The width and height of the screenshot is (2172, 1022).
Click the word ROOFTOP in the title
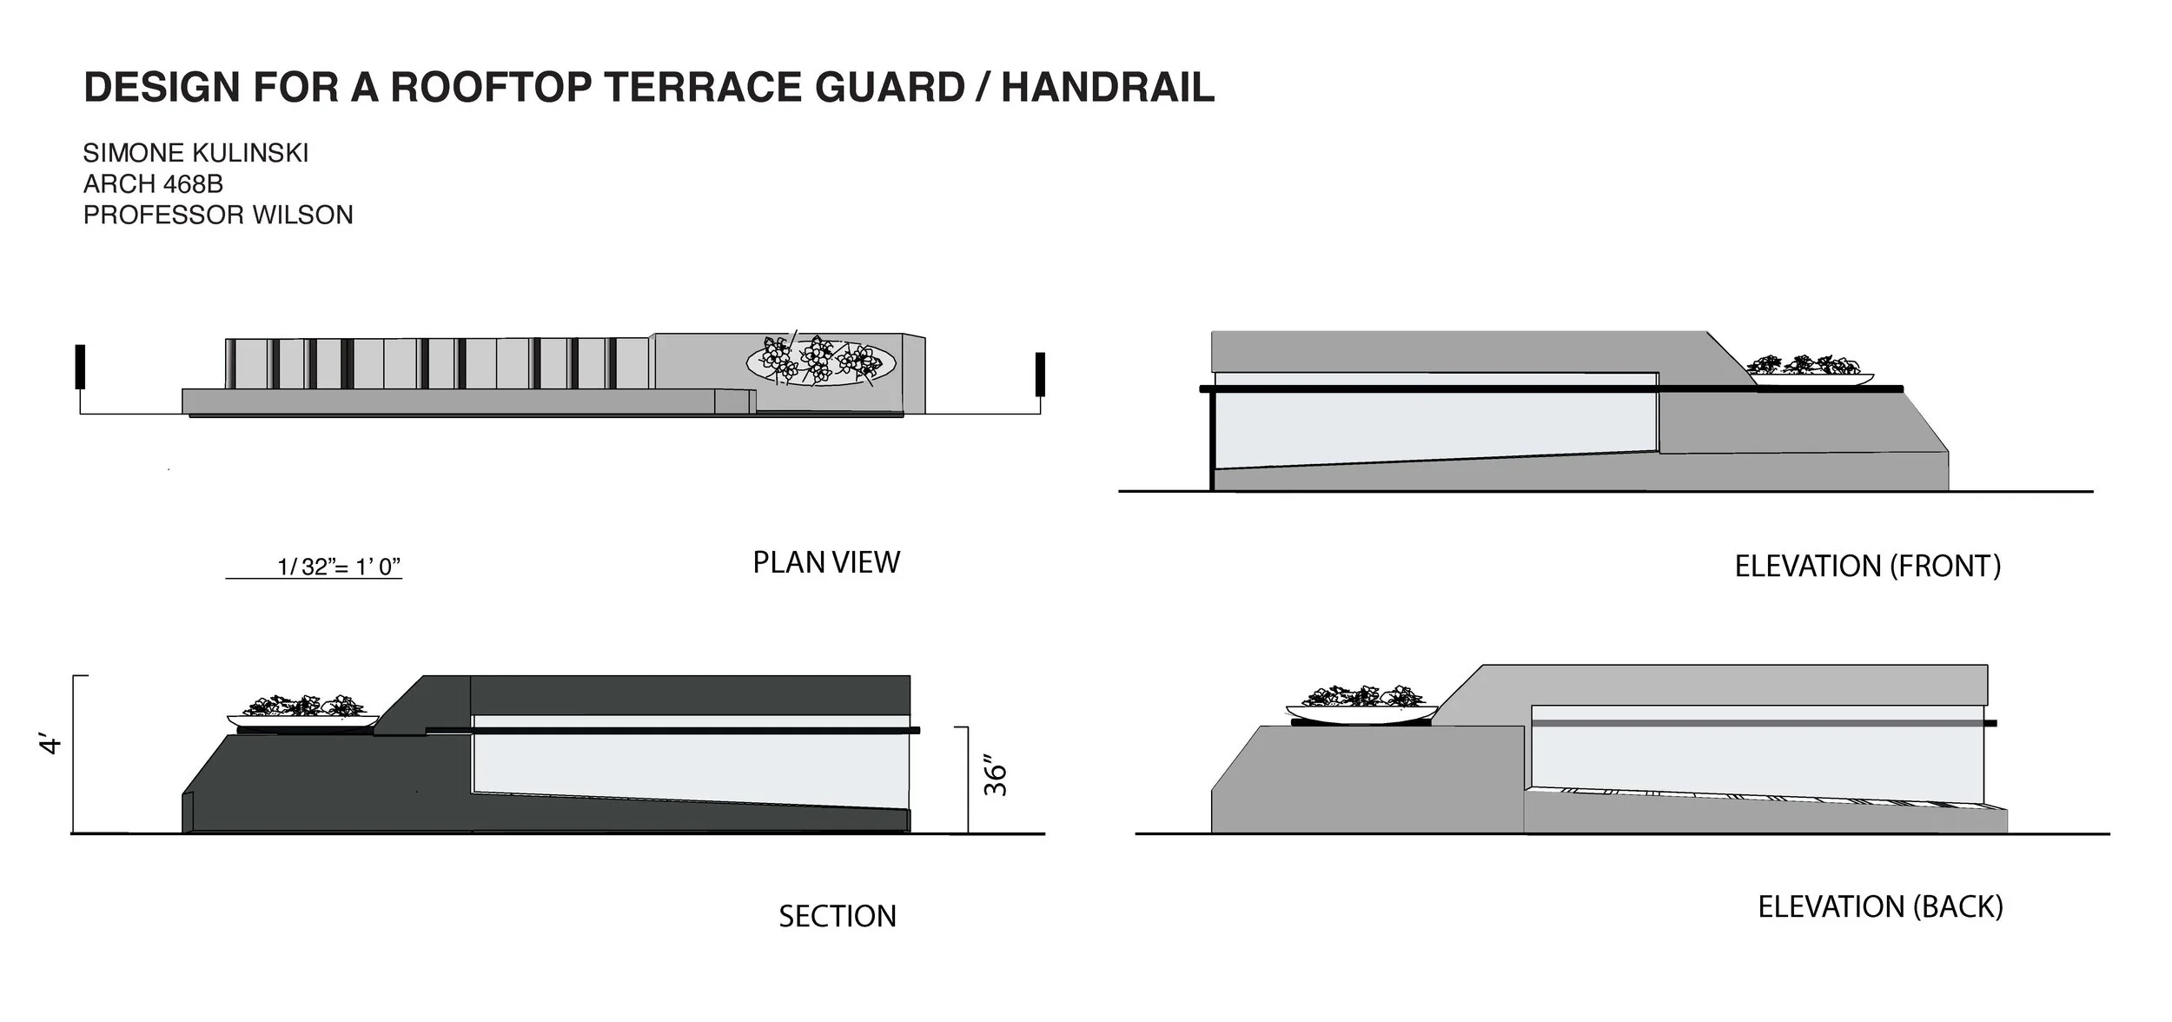tap(486, 88)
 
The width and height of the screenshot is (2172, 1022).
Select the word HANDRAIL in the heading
tap(1108, 88)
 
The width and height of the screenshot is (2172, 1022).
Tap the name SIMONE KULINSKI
tap(195, 153)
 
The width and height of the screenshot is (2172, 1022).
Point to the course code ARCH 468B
tap(153, 184)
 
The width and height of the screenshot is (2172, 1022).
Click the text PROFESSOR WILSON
tap(218, 215)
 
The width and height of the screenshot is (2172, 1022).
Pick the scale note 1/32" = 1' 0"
tap(338, 567)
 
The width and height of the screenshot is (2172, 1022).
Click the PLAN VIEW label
tap(826, 563)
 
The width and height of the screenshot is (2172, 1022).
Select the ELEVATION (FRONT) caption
tap(1868, 567)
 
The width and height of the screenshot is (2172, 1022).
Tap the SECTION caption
tap(837, 917)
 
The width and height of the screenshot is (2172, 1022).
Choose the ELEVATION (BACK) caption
tap(1880, 907)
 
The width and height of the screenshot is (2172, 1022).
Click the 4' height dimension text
tap(51, 745)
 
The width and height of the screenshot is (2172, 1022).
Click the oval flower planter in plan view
tap(821, 362)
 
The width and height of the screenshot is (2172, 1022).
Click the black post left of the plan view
tap(80, 367)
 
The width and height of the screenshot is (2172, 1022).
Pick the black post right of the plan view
tap(1040, 374)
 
